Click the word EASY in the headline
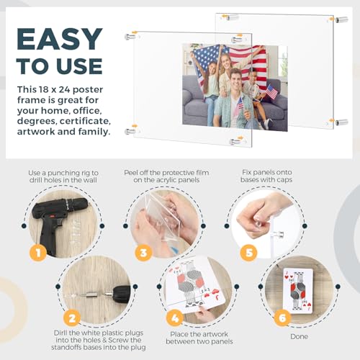pyautogui.click(x=60, y=39)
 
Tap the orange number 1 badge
pyautogui.click(x=38, y=253)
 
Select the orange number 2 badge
pyautogui.click(x=72, y=318)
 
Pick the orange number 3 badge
pyautogui.click(x=143, y=253)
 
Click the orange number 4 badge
pyautogui.click(x=175, y=318)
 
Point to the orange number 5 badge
pyautogui.click(x=249, y=253)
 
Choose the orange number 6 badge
pyautogui.click(x=282, y=318)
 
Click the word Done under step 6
pyautogui.click(x=299, y=336)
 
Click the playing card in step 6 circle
pyautogui.click(x=298, y=291)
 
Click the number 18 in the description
pyautogui.click(x=42, y=89)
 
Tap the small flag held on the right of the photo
pyautogui.click(x=271, y=91)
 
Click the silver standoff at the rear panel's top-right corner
pyautogui.click(x=341, y=19)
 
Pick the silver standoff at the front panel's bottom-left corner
pyautogui.click(x=130, y=131)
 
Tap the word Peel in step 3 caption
pyautogui.click(x=130, y=173)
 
